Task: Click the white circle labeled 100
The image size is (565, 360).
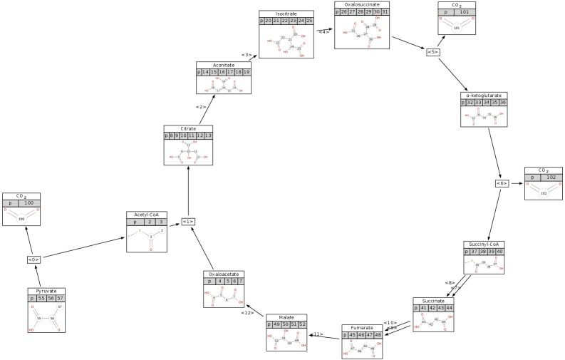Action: coord(21,219)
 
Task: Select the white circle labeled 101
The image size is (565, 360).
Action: coord(457,28)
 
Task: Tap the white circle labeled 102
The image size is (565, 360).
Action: coord(544,193)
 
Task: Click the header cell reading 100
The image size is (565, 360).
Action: coord(29,203)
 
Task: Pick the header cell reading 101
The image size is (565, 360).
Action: coord(465,12)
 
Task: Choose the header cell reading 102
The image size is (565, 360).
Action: coord(551,178)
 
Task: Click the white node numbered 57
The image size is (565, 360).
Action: coord(60,307)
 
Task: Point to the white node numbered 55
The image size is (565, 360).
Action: coord(39,319)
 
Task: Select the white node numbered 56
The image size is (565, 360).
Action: coord(52,319)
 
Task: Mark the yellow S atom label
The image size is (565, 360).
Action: coord(140,230)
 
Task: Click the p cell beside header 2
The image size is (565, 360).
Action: coord(135,222)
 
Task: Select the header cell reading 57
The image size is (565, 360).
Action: coord(60,299)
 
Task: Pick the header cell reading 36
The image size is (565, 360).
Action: coord(503,103)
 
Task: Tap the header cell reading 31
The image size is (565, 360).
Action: coord(385,12)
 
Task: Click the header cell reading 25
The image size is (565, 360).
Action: coord(309,21)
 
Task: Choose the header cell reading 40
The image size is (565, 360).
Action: coord(499,252)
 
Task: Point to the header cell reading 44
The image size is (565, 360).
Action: coord(449,308)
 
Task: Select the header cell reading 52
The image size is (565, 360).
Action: coord(302,324)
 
